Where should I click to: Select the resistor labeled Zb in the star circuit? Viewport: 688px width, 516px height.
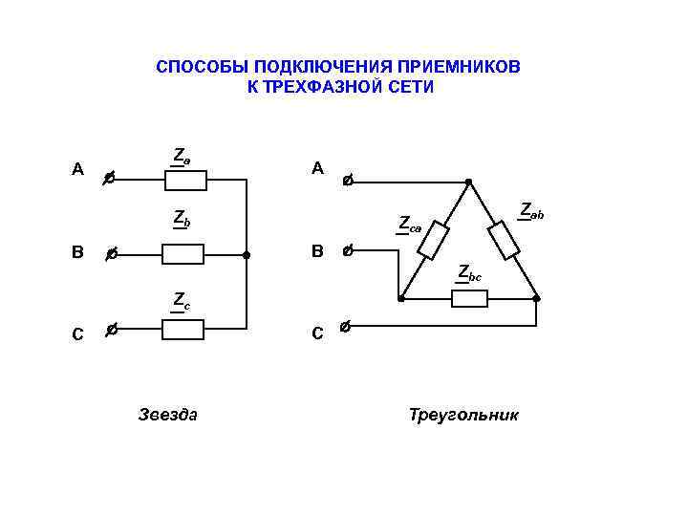183,254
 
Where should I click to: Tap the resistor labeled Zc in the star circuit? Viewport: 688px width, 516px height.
183,330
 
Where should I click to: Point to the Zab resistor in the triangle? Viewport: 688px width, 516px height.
505,240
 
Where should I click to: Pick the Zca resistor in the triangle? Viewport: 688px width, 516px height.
434,240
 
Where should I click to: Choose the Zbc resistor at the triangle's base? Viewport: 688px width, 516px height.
469,299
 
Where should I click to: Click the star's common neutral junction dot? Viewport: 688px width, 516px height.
247,255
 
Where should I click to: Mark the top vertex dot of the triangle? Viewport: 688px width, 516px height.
468,180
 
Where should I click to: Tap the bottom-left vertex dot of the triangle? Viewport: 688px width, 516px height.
401,299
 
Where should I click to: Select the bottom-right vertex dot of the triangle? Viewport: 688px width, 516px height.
537,299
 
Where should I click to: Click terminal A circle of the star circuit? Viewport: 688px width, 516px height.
110,178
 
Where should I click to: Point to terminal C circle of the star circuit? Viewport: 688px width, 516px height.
111,330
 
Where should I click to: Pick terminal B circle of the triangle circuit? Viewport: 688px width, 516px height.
348,251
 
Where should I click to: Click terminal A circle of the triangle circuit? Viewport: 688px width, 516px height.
348,179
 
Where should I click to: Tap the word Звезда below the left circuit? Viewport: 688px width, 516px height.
168,415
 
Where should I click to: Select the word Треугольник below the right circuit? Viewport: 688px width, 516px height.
463,415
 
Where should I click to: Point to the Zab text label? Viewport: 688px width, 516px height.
530,211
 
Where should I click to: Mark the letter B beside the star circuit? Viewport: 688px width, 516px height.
77,253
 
